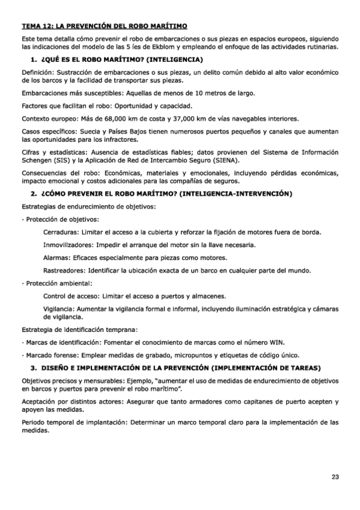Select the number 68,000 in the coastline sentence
pos(121,118)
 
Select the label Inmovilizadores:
pos(68,245)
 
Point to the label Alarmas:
pos(56,257)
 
